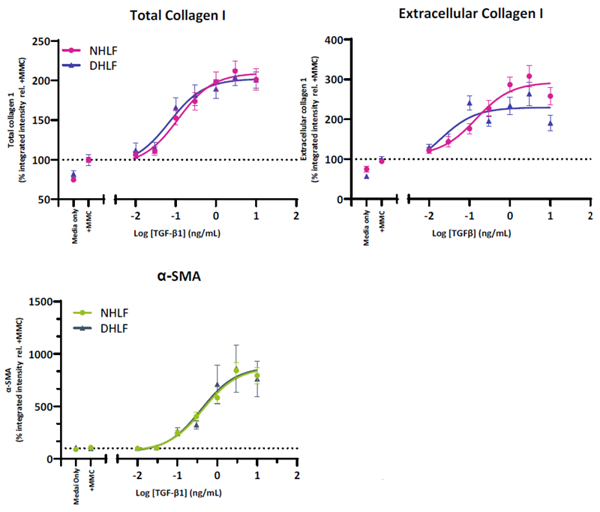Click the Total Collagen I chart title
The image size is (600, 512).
(x=178, y=16)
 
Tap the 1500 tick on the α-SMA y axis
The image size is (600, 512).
(x=44, y=302)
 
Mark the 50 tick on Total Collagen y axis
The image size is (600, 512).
(x=53, y=200)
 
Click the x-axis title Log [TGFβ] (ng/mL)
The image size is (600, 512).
(x=472, y=233)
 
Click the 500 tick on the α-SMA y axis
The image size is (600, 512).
(x=47, y=406)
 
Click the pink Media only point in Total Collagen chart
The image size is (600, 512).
(x=73, y=179)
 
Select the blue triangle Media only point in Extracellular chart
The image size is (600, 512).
(x=367, y=176)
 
